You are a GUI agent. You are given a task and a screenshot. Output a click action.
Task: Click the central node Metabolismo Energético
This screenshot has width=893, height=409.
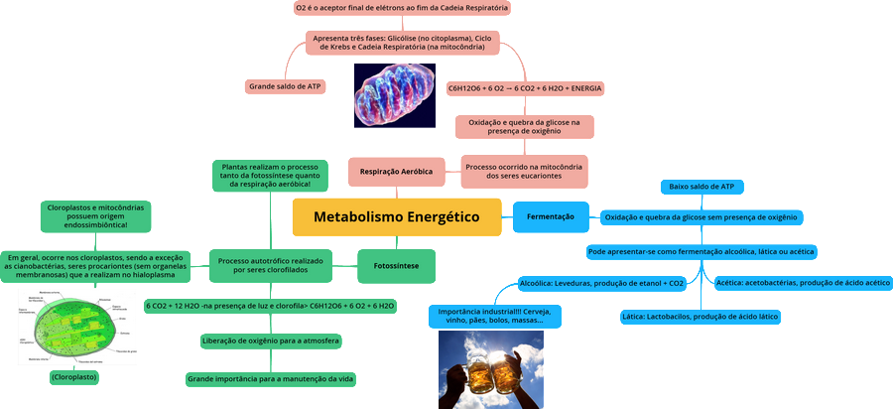[396, 216]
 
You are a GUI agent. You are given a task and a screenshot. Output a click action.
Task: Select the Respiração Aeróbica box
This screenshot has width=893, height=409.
[395, 171]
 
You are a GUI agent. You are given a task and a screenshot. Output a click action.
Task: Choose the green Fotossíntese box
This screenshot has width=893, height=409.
[395, 266]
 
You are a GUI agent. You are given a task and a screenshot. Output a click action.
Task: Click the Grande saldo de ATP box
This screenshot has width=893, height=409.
[285, 86]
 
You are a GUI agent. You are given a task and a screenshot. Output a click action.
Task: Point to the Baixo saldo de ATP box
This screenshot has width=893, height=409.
[702, 187]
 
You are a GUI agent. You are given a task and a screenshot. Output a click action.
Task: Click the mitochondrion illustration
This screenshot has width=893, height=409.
[394, 93]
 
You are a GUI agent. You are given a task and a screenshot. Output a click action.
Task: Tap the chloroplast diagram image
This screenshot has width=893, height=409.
[76, 327]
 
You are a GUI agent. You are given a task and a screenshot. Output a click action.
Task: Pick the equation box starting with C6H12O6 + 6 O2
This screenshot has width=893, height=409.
[525, 87]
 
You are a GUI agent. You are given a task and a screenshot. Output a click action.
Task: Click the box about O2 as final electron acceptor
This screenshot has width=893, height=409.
[402, 8]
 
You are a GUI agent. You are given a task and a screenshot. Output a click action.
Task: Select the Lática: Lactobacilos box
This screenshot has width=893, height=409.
[700, 317]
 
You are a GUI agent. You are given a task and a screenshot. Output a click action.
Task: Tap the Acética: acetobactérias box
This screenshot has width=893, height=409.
[803, 283]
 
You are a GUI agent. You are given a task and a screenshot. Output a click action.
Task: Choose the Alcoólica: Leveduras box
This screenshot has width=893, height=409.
[601, 283]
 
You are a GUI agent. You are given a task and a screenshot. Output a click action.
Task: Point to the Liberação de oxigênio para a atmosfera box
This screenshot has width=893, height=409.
[270, 341]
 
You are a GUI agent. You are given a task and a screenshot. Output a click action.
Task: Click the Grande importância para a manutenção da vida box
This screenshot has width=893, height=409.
[270, 378]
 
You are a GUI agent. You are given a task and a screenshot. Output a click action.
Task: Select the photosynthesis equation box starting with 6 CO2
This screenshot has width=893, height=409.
[270, 306]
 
